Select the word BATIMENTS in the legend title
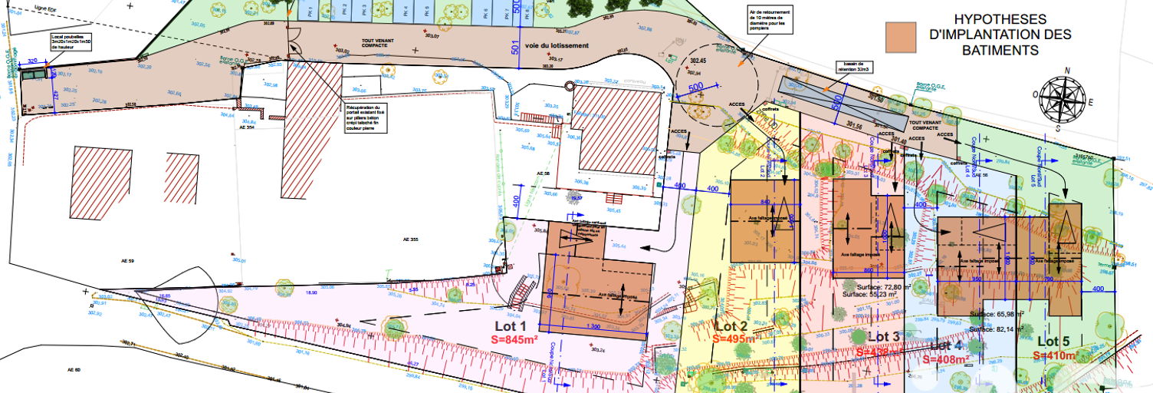[x=1000, y=51]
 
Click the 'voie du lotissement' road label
[x=557, y=45]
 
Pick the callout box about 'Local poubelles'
[x=71, y=41]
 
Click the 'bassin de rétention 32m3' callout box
[x=851, y=67]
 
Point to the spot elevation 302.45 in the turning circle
[x=697, y=59]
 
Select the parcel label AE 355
[x=412, y=240]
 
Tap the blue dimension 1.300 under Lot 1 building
[x=593, y=326]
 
